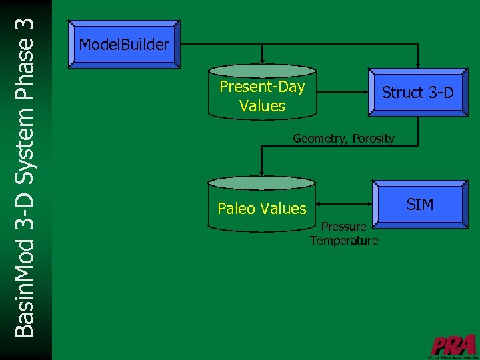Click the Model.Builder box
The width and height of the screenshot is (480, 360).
pos(124,45)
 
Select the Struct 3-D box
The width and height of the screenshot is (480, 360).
pos(417,93)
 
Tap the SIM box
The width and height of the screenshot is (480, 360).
pos(419,204)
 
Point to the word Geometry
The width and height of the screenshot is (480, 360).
pos(321,139)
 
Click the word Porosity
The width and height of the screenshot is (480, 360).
pos(373,139)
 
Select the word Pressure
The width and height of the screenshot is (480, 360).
pos(343,227)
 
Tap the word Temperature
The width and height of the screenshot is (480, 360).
pos(343,240)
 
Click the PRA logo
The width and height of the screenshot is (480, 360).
pos(453,345)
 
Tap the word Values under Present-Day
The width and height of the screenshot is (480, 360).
pos(262,106)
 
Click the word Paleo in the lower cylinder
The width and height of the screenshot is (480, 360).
pos(236,209)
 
